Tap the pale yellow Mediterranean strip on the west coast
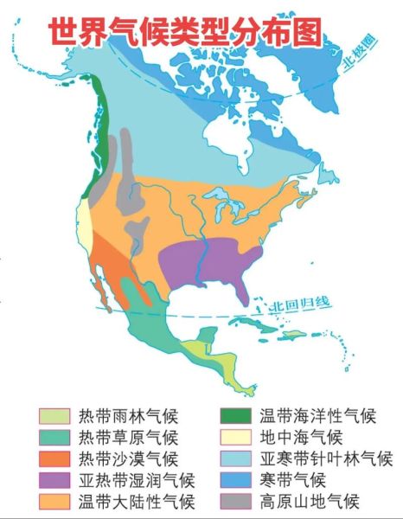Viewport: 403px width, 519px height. click(86, 221)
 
